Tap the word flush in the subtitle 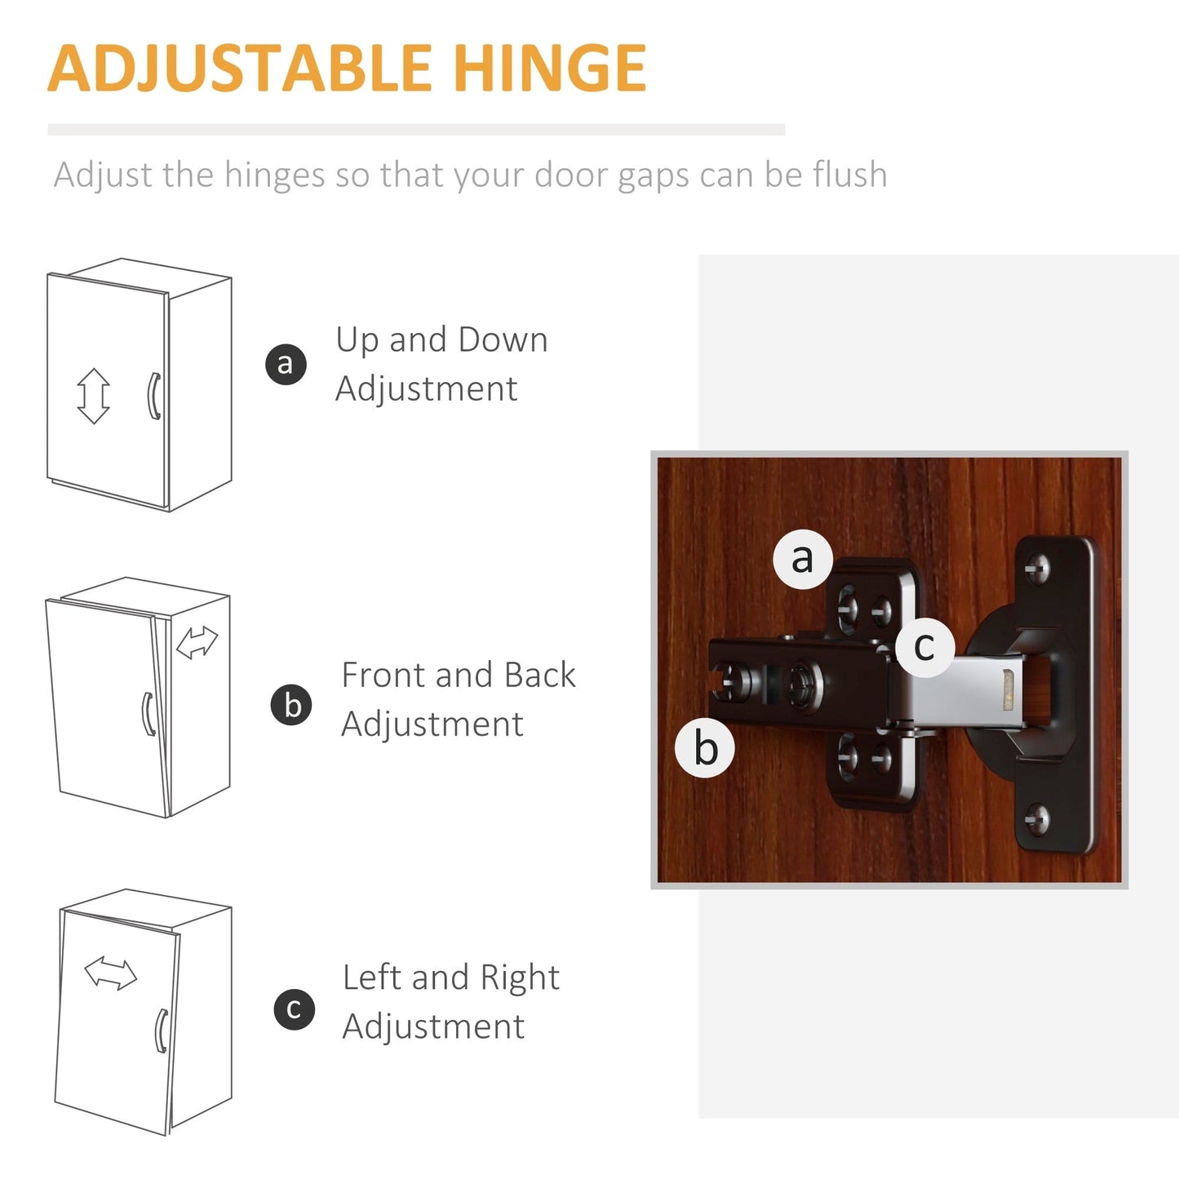pyautogui.click(x=849, y=175)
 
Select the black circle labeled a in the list pyautogui.click(x=286, y=363)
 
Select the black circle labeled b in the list pyautogui.click(x=291, y=705)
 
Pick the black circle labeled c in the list pyautogui.click(x=294, y=1008)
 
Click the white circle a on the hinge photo pyautogui.click(x=803, y=559)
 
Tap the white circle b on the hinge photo pyautogui.click(x=705, y=747)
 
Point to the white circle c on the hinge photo pyautogui.click(x=924, y=647)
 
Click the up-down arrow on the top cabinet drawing pyautogui.click(x=93, y=396)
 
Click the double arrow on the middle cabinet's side pyautogui.click(x=197, y=642)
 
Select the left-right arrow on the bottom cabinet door pyautogui.click(x=111, y=973)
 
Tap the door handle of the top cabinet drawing pyautogui.click(x=153, y=397)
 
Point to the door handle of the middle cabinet pyautogui.click(x=148, y=714)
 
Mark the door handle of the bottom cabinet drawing pyautogui.click(x=162, y=1031)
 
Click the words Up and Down pyautogui.click(x=441, y=340)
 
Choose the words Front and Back pyautogui.click(x=458, y=676)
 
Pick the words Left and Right pyautogui.click(x=450, y=977)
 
